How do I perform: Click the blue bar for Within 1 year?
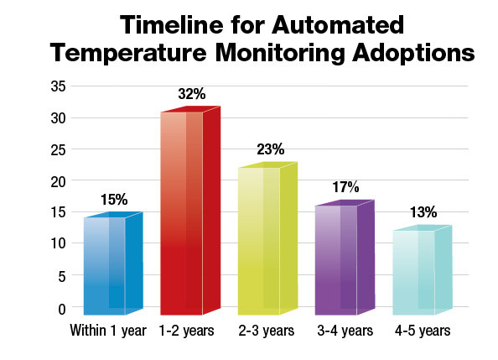click(112, 264)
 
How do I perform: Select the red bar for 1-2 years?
click(189, 210)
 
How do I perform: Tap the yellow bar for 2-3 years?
click(267, 239)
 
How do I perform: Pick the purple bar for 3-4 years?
click(344, 258)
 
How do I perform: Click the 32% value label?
click(191, 94)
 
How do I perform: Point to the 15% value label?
click(114, 200)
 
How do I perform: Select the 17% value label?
click(345, 186)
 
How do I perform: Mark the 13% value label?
click(423, 211)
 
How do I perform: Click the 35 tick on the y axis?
click(60, 86)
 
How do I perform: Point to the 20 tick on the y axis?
click(60, 180)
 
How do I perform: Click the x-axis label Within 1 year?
click(109, 331)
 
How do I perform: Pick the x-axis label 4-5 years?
click(423, 331)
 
